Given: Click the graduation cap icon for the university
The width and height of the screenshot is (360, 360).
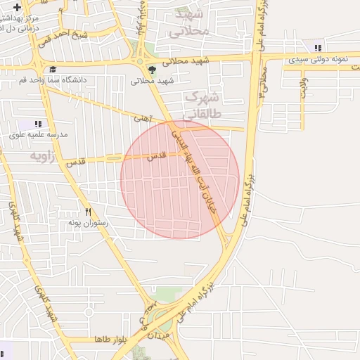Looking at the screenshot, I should click(x=52, y=69).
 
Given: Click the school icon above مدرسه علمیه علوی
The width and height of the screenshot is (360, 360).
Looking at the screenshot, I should click(x=38, y=123).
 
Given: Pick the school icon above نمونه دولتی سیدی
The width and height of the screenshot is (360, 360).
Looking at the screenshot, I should click(x=318, y=48).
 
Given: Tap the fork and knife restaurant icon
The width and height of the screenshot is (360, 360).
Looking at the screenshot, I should click(x=88, y=211).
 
